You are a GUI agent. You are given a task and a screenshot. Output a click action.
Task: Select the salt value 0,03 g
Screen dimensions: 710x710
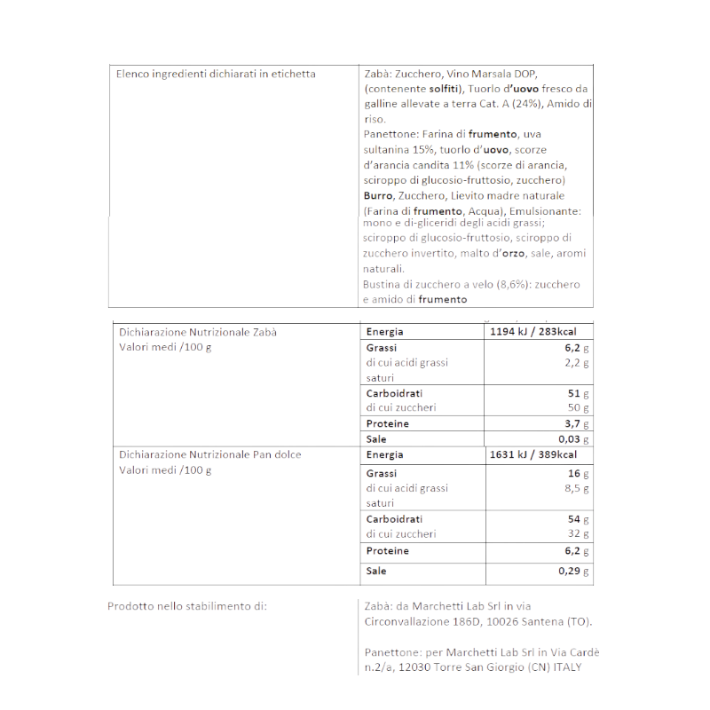(x=574, y=439)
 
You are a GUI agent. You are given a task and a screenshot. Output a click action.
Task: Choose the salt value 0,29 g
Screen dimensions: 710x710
(x=574, y=571)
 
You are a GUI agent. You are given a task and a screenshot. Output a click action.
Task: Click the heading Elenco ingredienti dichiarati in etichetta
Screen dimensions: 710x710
(x=216, y=74)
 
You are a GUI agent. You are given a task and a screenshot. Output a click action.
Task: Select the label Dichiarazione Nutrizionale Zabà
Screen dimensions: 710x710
(x=198, y=332)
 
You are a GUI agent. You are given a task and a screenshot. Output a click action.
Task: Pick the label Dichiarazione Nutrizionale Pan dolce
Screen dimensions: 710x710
(x=210, y=454)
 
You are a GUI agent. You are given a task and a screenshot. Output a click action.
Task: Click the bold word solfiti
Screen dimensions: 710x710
(x=445, y=89)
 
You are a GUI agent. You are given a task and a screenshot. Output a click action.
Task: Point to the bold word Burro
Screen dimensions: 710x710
(x=377, y=195)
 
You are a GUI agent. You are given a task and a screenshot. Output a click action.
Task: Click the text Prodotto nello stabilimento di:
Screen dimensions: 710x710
(x=186, y=606)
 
